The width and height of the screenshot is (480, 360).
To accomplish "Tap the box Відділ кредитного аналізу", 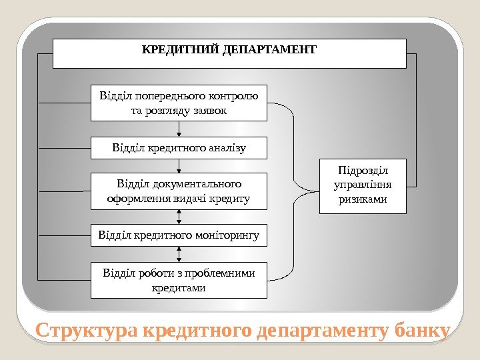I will pyautogui.click(x=179, y=148).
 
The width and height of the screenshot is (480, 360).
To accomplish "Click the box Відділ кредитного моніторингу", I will pyautogui.click(x=179, y=235).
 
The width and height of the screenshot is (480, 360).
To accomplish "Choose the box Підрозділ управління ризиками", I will pyautogui.click(x=363, y=185).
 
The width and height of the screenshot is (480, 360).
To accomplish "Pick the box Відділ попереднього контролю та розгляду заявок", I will pyautogui.click(x=179, y=102).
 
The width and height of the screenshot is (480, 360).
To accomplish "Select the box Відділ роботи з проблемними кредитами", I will pyautogui.click(x=179, y=280).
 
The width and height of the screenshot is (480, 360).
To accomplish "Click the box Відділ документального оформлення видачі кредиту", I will pyautogui.click(x=179, y=191).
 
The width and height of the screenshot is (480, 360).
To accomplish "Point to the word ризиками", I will pyautogui.click(x=363, y=199).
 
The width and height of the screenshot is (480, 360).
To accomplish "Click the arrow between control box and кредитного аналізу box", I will pyautogui.click(x=179, y=129).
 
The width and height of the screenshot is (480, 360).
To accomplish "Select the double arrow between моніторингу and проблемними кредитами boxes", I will pyautogui.click(x=179, y=253).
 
